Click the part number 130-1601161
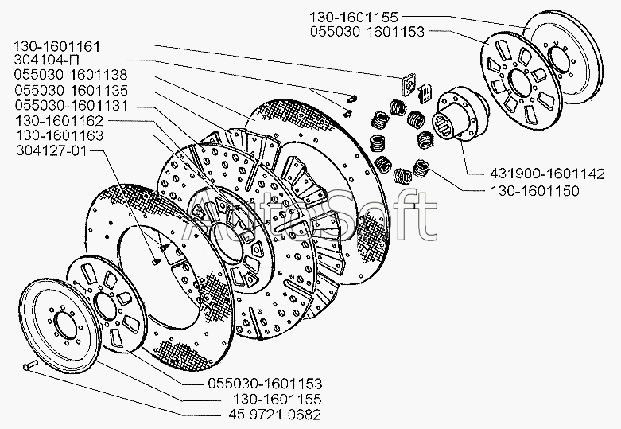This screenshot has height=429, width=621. (57, 46)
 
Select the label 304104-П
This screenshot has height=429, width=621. (47, 60)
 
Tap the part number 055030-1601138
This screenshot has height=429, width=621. (71, 75)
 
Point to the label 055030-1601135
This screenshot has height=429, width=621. (72, 91)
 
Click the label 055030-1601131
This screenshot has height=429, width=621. (72, 106)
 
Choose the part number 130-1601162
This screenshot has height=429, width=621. (60, 120)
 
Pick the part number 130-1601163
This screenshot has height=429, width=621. (60, 135)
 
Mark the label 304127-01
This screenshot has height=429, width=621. (52, 150)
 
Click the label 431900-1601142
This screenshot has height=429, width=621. (548, 174)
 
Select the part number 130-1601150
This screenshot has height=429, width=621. (535, 191)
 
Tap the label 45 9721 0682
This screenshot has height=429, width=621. (275, 415)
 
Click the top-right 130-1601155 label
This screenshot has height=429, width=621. (354, 17)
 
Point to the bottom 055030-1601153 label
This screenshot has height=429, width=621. (265, 384)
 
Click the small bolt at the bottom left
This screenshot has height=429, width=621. (30, 365)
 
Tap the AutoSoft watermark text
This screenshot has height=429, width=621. (310, 216)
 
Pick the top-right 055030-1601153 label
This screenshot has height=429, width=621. (367, 32)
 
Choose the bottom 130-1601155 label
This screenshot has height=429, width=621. (277, 399)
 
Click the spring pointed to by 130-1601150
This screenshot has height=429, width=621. (421, 168)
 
